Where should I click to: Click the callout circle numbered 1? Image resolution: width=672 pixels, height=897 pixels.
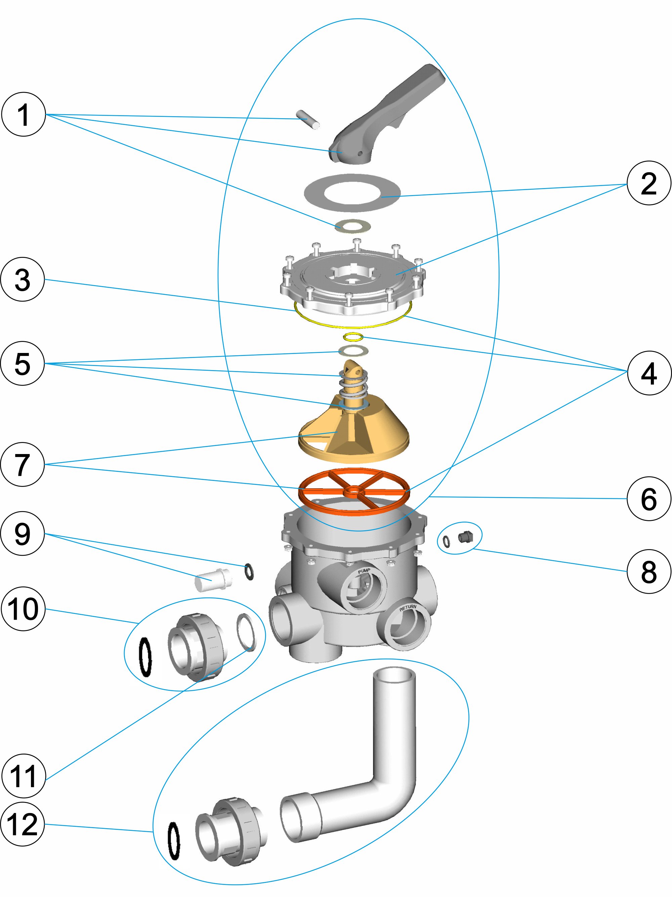pyautogui.click(x=23, y=115)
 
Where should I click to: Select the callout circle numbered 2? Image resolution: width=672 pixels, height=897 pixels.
pyautogui.click(x=648, y=183)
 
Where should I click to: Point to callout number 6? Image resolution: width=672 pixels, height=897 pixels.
pyautogui.click(x=648, y=498)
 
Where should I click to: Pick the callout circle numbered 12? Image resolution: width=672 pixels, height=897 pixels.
pyautogui.click(x=22, y=824)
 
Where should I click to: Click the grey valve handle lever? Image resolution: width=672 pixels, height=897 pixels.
pyautogui.click(x=389, y=114)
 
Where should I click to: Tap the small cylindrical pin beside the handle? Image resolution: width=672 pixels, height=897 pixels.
pyautogui.click(x=307, y=119)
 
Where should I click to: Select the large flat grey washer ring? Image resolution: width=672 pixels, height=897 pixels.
pyautogui.click(x=352, y=193)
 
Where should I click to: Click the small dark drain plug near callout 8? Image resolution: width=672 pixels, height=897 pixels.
pyautogui.click(x=465, y=538)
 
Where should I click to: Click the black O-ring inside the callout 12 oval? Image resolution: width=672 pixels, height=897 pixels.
pyautogui.click(x=174, y=840)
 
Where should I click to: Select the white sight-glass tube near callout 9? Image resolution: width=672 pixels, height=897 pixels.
pyautogui.click(x=213, y=580)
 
